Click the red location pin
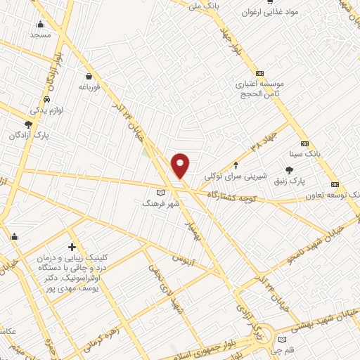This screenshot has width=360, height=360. (180, 165)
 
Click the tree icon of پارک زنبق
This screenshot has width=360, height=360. (289, 169)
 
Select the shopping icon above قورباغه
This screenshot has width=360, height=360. (89, 76)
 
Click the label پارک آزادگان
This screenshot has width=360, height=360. (36, 134)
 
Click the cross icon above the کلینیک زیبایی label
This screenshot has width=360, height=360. (72, 247)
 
